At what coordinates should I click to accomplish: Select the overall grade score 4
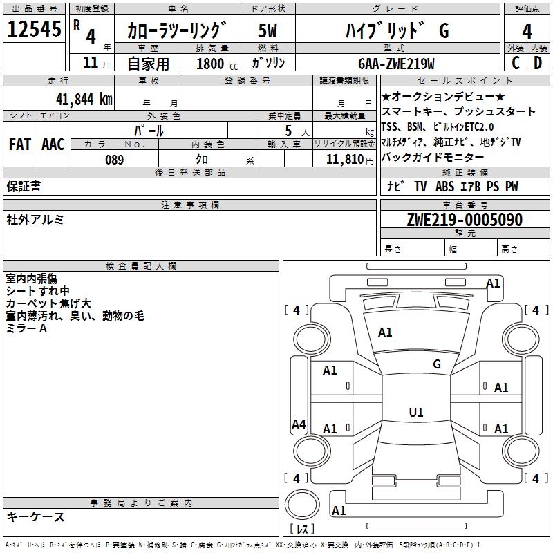[x=527, y=31]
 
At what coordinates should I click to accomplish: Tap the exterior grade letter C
[x=515, y=63]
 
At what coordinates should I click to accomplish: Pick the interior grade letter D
[x=538, y=63]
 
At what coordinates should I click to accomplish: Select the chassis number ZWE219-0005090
[x=464, y=221]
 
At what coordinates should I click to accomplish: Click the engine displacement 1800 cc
[x=214, y=64]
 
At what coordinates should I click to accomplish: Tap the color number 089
[x=114, y=160]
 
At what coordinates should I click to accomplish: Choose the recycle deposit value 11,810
[x=344, y=160]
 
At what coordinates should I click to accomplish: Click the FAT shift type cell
[x=20, y=144]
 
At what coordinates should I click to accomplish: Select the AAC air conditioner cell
[x=53, y=144]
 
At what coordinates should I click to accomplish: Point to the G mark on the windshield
[x=437, y=364]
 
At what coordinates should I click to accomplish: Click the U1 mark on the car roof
[x=416, y=412]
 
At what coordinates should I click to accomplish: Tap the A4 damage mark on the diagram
[x=299, y=424]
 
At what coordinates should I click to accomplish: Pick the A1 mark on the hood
[x=385, y=332]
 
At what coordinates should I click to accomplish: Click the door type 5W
[x=268, y=31]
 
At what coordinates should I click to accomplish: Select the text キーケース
[x=36, y=516]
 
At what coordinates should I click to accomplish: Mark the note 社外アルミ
[x=35, y=220]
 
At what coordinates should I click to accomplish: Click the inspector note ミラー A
[x=26, y=328]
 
